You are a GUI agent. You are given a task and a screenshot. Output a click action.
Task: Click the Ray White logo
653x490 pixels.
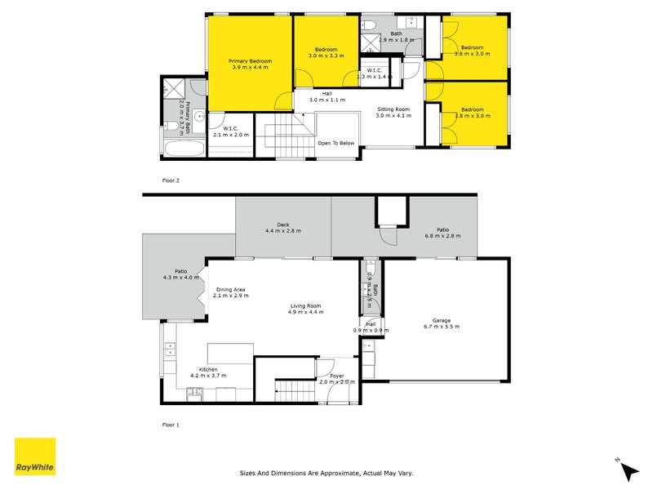click(35, 457)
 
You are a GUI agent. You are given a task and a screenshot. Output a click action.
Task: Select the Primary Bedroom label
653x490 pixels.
click(250, 64)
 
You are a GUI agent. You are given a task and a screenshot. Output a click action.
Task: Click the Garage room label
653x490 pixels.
click(442, 323)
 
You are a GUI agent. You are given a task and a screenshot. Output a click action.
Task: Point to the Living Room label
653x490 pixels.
click(305, 308)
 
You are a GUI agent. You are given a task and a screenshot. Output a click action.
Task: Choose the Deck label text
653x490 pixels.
click(283, 227)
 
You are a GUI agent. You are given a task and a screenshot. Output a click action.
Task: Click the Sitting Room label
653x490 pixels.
click(393, 112)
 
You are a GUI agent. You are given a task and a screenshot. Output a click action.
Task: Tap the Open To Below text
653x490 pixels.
click(336, 143)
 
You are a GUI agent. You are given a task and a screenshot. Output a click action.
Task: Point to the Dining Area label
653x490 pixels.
click(230, 292)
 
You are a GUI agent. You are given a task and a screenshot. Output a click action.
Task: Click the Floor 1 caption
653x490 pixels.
click(171, 425)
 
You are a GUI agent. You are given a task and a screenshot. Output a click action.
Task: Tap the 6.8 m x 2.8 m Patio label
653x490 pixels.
click(442, 233)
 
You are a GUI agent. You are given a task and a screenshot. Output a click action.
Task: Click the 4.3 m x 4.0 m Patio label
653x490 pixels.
click(181, 275)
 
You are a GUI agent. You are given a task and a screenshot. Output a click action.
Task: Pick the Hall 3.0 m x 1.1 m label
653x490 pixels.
click(326, 96)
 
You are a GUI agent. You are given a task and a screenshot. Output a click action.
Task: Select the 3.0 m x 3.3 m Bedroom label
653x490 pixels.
click(326, 51)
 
